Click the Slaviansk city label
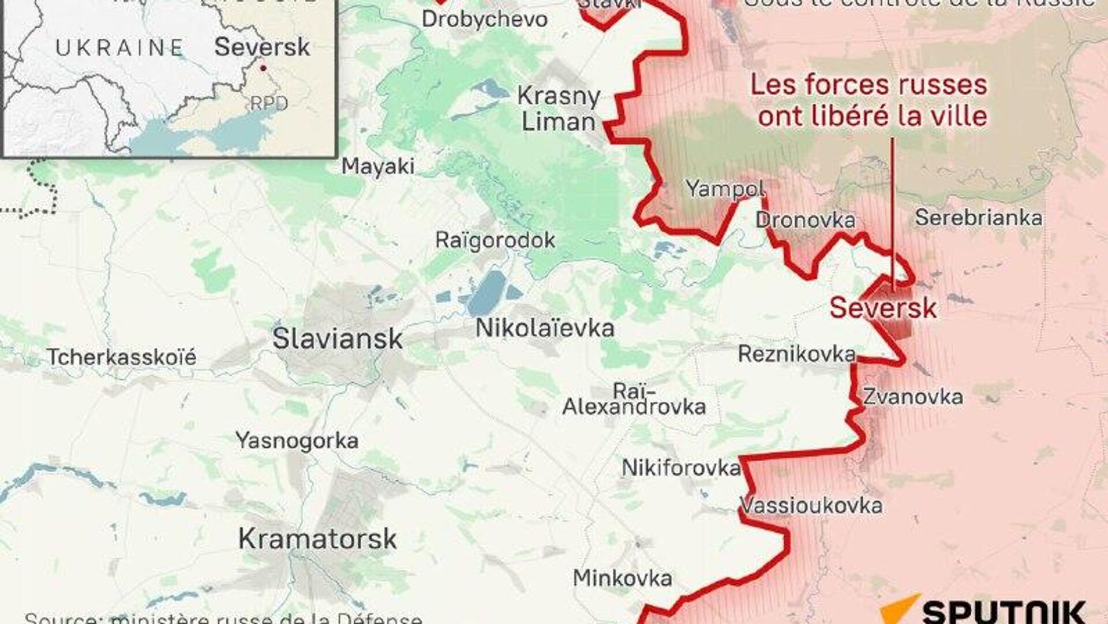(x=337, y=339)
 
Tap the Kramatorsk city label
(x=317, y=539)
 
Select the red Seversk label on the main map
(x=883, y=308)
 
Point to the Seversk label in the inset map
(x=262, y=47)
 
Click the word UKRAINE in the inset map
(x=119, y=47)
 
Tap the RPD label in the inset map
(x=269, y=103)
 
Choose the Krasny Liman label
(x=558, y=109)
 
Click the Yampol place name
(x=725, y=188)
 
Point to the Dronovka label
(x=805, y=220)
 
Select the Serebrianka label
(x=979, y=218)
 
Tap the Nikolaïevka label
(x=545, y=328)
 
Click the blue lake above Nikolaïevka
(x=486, y=293)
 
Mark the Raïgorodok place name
(x=495, y=240)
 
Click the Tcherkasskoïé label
(x=121, y=357)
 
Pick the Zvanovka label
(x=913, y=397)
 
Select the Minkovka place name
(x=622, y=578)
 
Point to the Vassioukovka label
(x=811, y=506)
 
